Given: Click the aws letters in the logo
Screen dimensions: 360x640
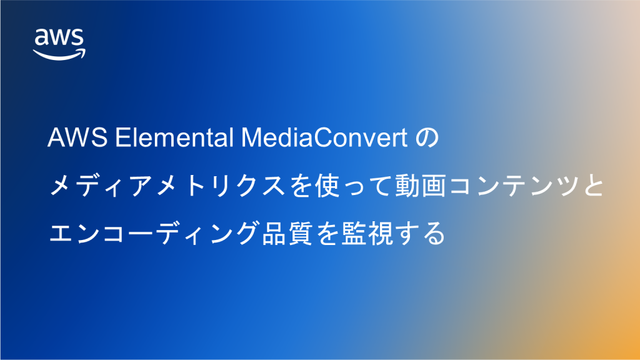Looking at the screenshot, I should (x=59, y=39).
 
